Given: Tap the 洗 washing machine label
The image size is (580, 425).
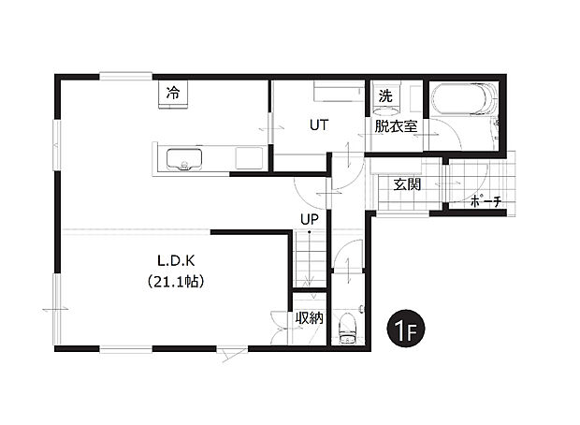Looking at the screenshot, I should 384,95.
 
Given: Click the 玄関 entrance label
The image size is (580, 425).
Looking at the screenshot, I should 406,184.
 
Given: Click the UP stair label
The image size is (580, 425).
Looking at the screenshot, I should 309,219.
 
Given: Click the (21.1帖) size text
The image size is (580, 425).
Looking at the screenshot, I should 176,280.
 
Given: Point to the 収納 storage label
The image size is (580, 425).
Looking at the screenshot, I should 309,318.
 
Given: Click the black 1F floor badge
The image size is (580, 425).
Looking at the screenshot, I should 405,330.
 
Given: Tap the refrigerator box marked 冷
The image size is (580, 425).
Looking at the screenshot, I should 173,95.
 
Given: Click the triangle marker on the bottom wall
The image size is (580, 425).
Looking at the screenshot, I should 232,353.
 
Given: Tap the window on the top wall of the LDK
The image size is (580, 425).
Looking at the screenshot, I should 126,76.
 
